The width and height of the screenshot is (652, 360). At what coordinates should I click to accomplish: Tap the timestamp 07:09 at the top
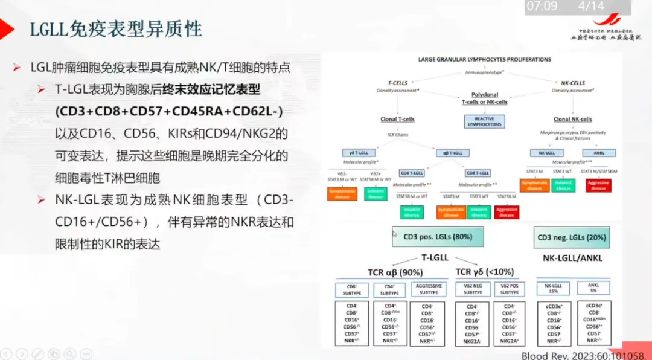coord(542,7)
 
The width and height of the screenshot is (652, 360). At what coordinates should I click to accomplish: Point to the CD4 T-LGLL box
coord(412,172)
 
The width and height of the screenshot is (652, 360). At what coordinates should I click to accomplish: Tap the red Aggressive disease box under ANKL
coord(598,185)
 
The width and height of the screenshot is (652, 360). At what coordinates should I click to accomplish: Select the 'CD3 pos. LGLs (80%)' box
coord(438,237)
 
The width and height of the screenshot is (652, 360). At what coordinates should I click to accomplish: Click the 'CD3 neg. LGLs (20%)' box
coord(571,237)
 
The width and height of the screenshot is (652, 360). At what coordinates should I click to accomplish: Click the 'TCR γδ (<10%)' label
coord(485,272)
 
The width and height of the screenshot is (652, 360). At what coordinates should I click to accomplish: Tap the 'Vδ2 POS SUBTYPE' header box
coord(510,289)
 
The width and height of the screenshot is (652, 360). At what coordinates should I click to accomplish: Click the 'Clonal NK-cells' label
coord(572,119)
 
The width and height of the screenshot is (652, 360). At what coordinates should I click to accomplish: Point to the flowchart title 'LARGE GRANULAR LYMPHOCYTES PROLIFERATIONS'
coord(484,60)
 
